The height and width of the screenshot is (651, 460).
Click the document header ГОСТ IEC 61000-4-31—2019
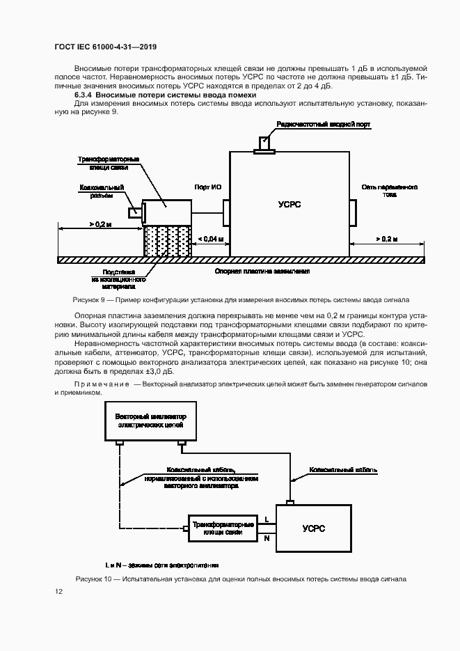point(105,47)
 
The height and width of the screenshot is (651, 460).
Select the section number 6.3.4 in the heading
point(84,95)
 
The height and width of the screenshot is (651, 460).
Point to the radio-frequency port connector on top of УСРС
point(264,144)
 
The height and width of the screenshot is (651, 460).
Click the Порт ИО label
point(207,187)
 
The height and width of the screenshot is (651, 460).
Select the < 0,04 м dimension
point(211,240)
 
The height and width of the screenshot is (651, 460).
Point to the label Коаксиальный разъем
point(106,191)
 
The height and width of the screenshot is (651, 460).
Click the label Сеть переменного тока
point(389,191)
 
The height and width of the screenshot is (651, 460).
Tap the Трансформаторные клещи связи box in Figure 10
point(223,527)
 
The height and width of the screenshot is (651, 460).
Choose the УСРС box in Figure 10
point(314,528)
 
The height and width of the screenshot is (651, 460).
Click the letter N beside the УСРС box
point(267,537)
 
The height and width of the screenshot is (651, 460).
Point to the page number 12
point(59,592)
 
